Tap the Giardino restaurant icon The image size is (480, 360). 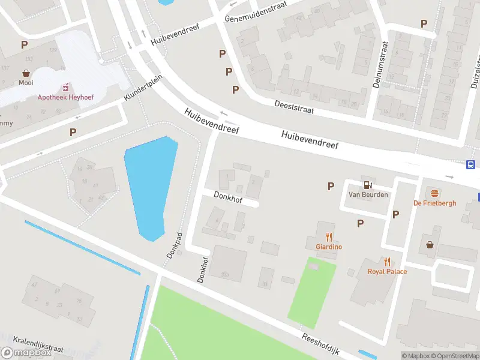[329, 236]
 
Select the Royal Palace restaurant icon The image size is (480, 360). [388, 262]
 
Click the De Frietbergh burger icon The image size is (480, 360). [434, 193]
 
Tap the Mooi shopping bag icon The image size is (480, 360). [26, 73]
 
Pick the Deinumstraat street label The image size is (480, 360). [377, 65]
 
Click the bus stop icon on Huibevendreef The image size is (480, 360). [471, 165]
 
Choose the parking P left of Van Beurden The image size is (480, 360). [331, 187]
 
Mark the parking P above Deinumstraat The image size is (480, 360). [424, 23]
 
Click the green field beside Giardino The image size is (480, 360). [312, 291]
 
